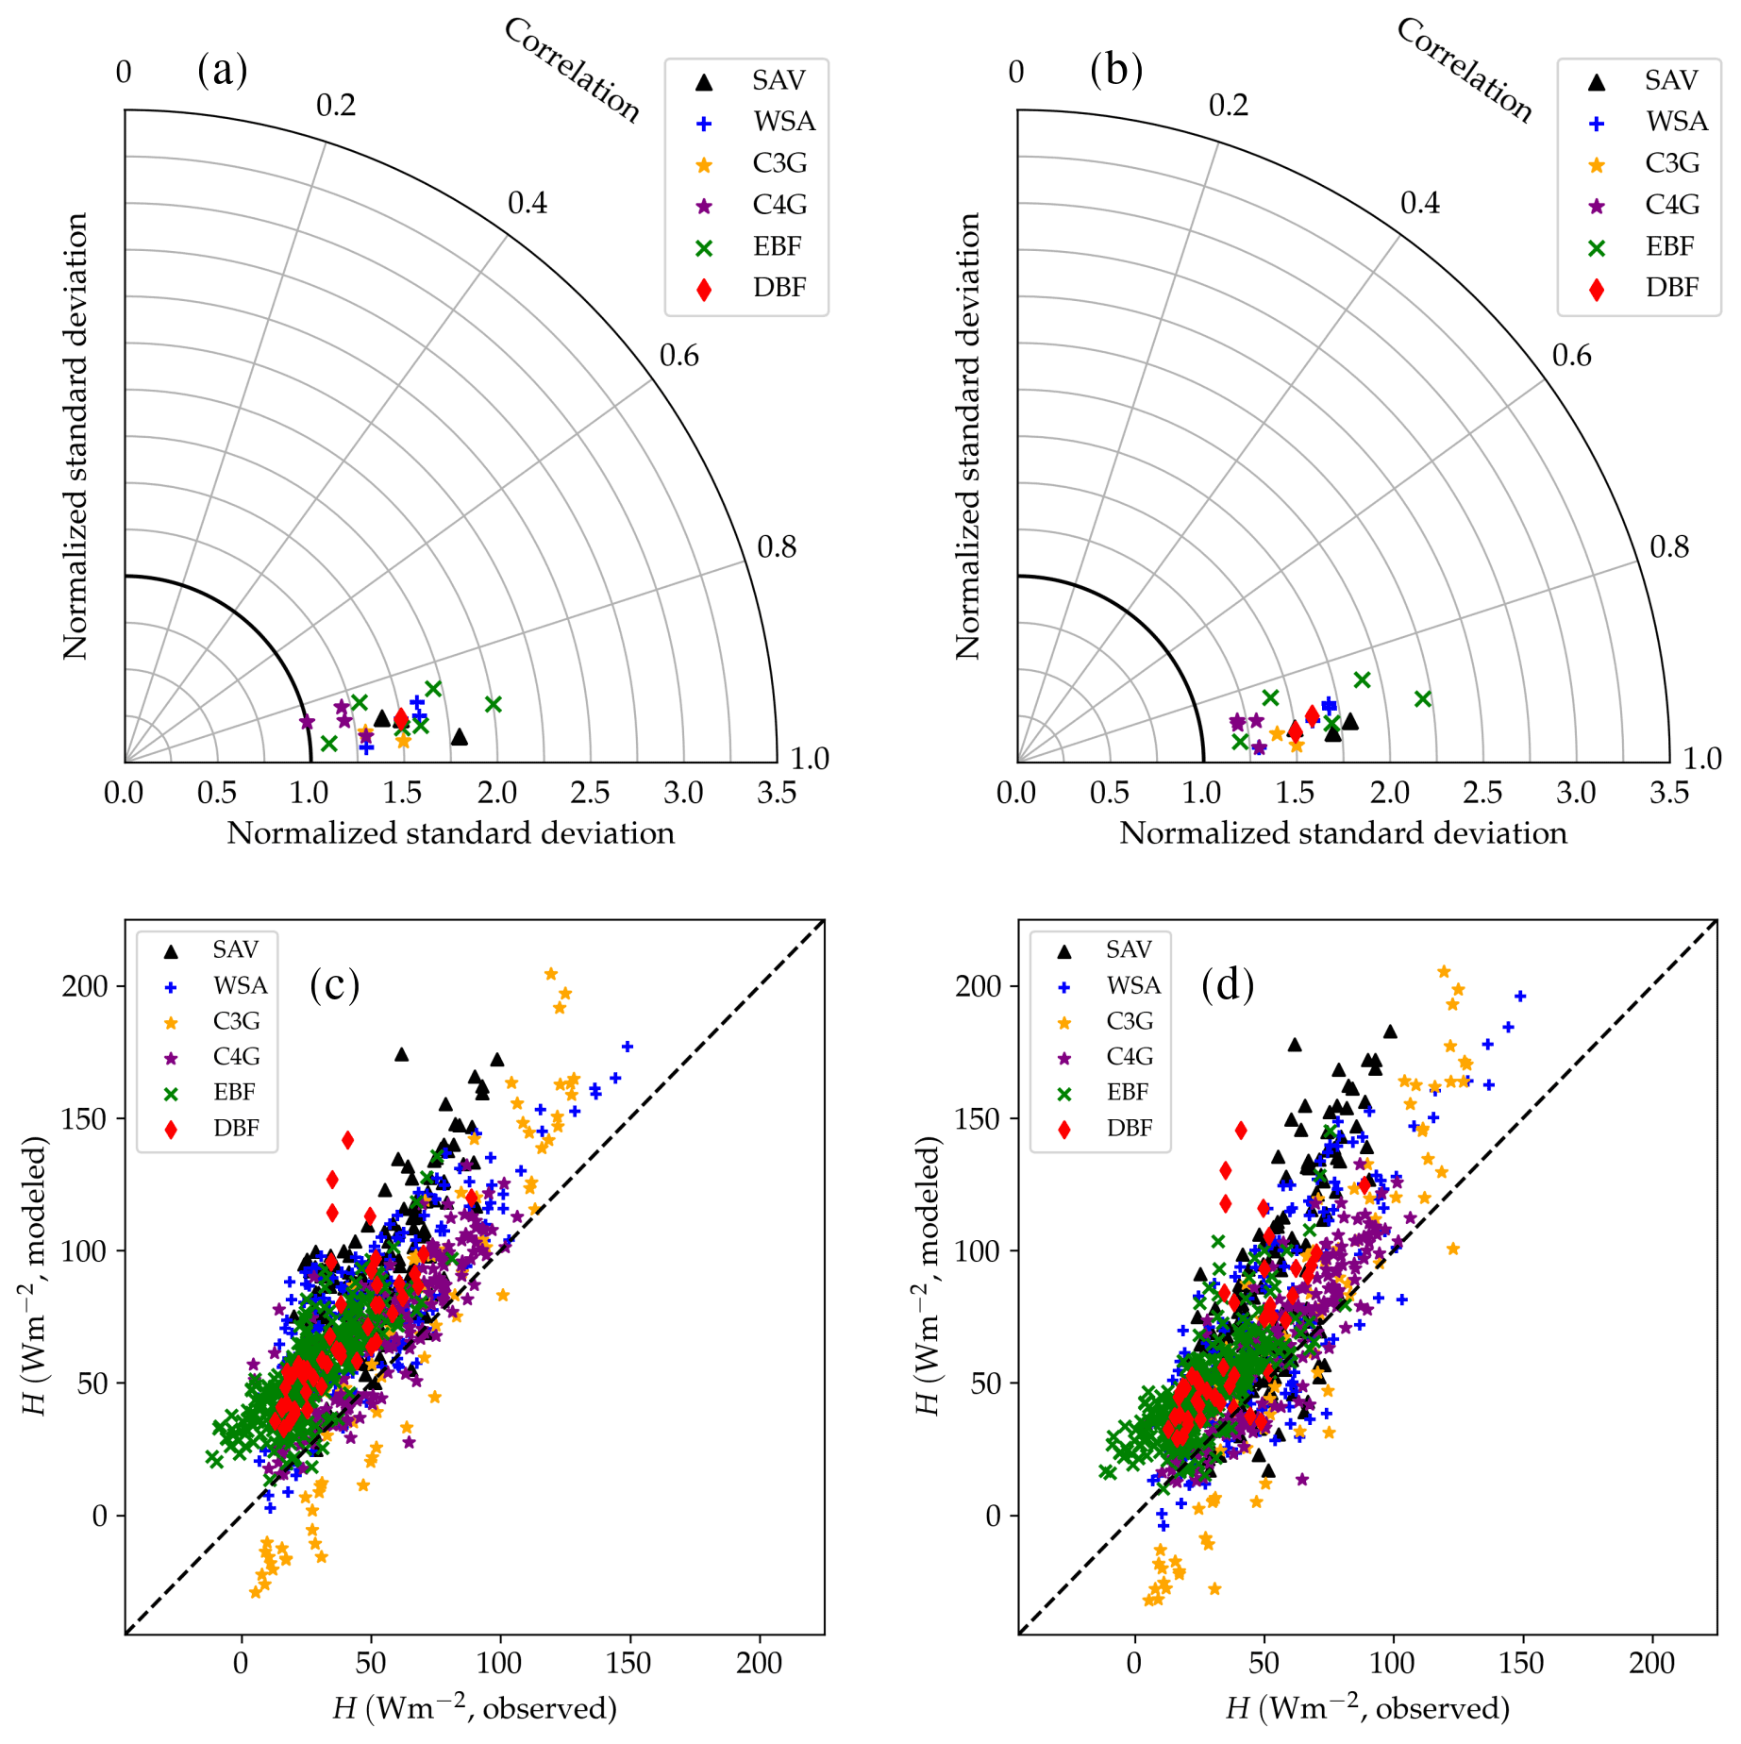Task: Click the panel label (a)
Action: pyautogui.click(x=223, y=70)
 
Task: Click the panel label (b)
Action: pyautogui.click(x=1115, y=70)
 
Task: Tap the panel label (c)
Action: pyautogui.click(x=334, y=984)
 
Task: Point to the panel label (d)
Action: pyautogui.click(x=1227, y=984)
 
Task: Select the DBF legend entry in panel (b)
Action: pyautogui.click(x=1671, y=288)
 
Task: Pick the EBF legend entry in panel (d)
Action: pyautogui.click(x=1128, y=1092)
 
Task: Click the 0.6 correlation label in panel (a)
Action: pyautogui.click(x=679, y=356)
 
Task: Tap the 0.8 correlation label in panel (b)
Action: pyautogui.click(x=1668, y=547)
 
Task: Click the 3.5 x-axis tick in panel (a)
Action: pyautogui.click(x=776, y=793)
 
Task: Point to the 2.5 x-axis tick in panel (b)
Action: pyautogui.click(x=1482, y=793)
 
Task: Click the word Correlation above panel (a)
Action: pyautogui.click(x=572, y=70)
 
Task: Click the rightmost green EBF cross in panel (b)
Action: pyautogui.click(x=1423, y=699)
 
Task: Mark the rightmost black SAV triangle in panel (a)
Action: pyautogui.click(x=459, y=737)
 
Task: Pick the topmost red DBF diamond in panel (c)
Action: pyautogui.click(x=347, y=1140)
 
